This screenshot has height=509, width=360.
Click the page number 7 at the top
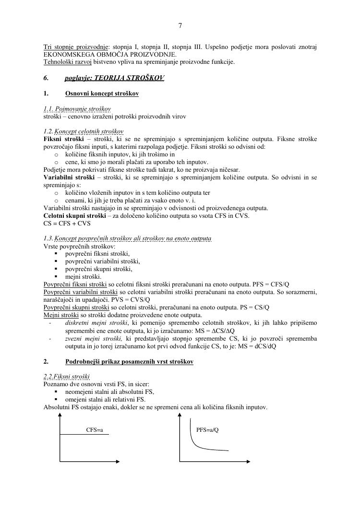pyautogui.click(x=180, y=26)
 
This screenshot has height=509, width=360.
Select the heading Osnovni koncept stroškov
pyautogui.click(x=102, y=94)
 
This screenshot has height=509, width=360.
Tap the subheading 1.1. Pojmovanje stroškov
pyautogui.click(x=77, y=109)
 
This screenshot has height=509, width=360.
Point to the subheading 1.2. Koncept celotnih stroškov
pyautogui.click(x=83, y=131)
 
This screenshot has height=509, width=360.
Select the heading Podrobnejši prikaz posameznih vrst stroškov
pyautogui.click(x=129, y=361)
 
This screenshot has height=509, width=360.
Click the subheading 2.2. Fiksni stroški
pyautogui.click(x=67, y=377)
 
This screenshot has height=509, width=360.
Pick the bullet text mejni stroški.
pyautogui.click(x=83, y=277)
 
